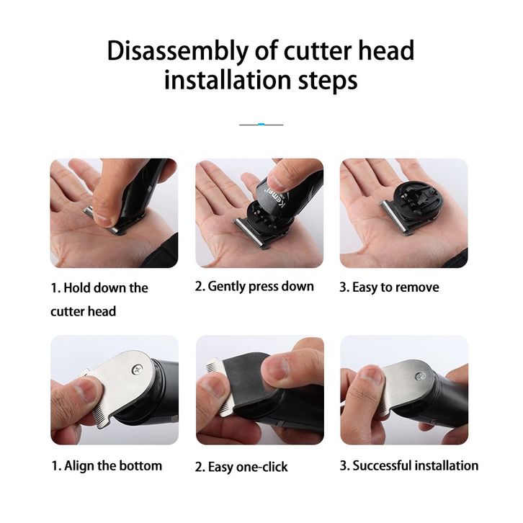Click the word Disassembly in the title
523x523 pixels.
click(178, 50)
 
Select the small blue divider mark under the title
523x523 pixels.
click(261, 125)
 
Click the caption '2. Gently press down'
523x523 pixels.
click(254, 287)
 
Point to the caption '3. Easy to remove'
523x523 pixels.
click(389, 287)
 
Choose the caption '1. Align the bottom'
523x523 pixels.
click(107, 465)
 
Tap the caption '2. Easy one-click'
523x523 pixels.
click(241, 467)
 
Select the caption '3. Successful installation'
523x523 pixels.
click(409, 465)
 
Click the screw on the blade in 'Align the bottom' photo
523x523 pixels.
click(137, 369)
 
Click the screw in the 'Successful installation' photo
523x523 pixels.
click(419, 377)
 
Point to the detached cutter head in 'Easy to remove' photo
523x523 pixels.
click(410, 207)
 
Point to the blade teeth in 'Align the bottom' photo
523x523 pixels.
click(99, 415)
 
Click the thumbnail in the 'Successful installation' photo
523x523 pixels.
click(371, 376)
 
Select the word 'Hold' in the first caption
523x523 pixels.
click(76, 288)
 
